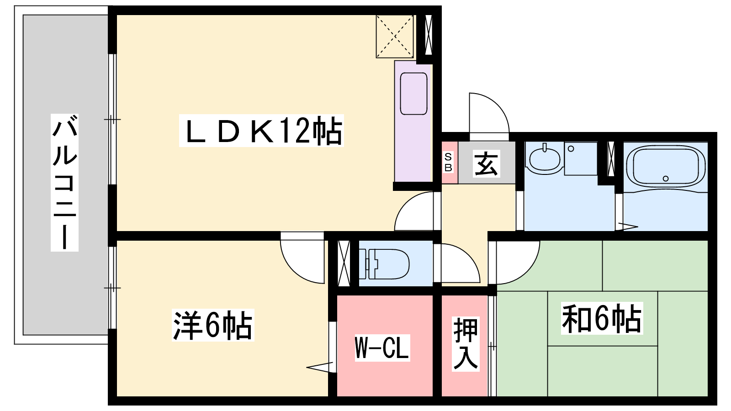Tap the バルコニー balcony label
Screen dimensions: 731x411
(x=64, y=182)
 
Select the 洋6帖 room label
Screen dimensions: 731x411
(x=213, y=325)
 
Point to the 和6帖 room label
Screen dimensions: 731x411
(x=601, y=318)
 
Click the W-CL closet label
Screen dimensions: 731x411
(x=382, y=348)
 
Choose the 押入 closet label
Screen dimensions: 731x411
(x=466, y=343)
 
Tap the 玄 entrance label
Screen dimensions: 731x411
(x=486, y=164)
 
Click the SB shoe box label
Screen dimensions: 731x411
(x=448, y=163)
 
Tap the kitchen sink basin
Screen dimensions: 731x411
(x=413, y=94)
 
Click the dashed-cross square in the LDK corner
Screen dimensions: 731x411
(x=395, y=37)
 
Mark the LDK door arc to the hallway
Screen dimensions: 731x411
(x=414, y=211)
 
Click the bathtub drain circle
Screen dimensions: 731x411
(x=666, y=179)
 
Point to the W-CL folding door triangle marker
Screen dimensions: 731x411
(x=320, y=367)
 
